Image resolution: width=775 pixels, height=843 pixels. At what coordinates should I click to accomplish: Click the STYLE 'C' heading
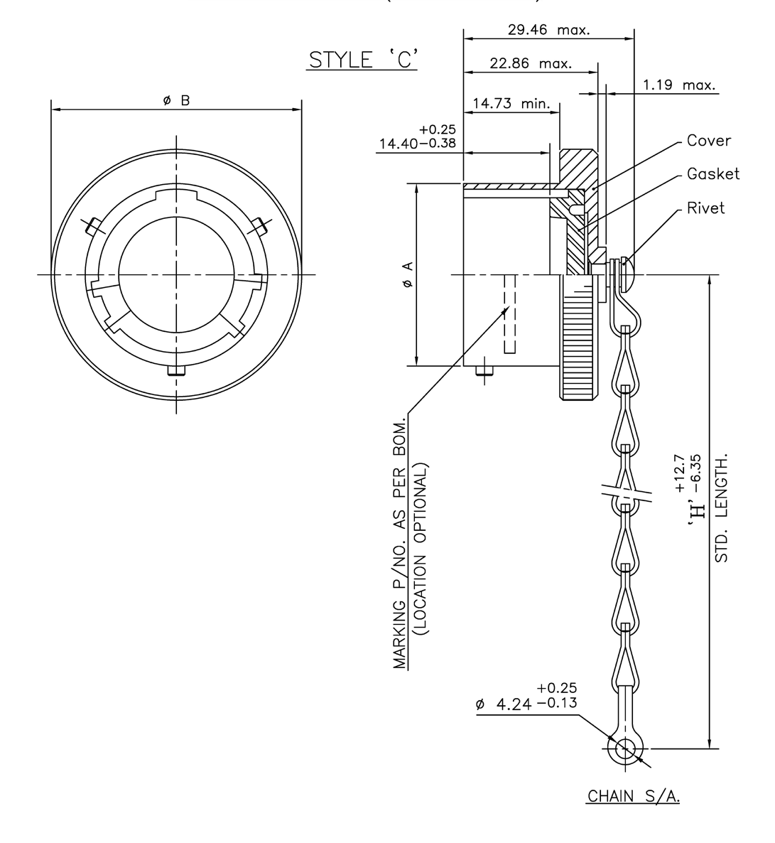point(362,60)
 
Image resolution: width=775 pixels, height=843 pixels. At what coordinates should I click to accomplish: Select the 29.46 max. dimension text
point(543,30)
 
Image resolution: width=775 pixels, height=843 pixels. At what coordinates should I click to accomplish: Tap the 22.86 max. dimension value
point(531,64)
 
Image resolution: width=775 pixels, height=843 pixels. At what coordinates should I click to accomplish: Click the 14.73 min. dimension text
point(511,104)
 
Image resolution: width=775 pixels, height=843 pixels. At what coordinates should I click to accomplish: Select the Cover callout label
point(708,141)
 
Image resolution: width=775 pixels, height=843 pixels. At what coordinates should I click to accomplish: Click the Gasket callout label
point(713,174)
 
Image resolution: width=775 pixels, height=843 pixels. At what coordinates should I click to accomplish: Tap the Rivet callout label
point(705,208)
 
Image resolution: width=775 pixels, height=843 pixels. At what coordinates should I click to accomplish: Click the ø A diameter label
point(406,274)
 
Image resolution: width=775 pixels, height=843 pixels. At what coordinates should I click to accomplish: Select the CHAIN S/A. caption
point(632,797)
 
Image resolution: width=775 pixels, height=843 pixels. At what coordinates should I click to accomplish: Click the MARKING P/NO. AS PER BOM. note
point(400,540)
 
